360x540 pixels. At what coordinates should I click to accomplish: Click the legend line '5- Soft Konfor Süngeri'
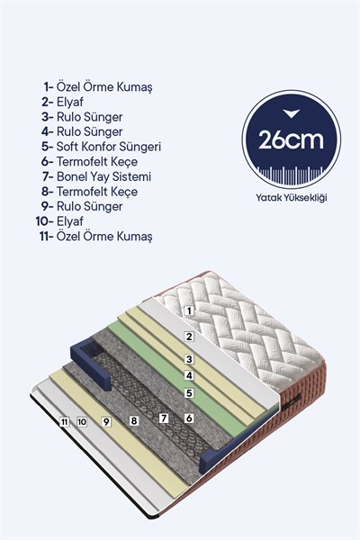pyautogui.click(x=102, y=147)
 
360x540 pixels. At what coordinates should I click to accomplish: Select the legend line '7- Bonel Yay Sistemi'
pyautogui.click(x=97, y=176)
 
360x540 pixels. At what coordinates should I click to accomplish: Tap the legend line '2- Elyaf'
pyautogui.click(x=62, y=102)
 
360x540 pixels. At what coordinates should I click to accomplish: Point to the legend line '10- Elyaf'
pyautogui.click(x=59, y=221)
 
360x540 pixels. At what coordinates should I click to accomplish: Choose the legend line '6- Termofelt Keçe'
pyautogui.click(x=89, y=161)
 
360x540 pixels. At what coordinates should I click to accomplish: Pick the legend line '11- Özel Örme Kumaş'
pyautogui.click(x=95, y=237)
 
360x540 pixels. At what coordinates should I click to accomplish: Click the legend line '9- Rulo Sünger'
pyautogui.click(x=82, y=207)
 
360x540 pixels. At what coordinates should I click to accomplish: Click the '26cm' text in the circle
pyautogui.click(x=291, y=139)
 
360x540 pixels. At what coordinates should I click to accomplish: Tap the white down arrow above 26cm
pyautogui.click(x=291, y=113)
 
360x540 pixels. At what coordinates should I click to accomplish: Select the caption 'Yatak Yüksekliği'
pyautogui.click(x=292, y=198)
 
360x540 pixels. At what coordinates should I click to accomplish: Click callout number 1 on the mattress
pyautogui.click(x=188, y=311)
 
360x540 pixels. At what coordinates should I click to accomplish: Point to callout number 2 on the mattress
pyautogui.click(x=189, y=337)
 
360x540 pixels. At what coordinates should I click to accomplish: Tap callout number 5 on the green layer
pyautogui.click(x=189, y=393)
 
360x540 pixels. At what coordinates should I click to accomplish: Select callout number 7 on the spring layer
pyautogui.click(x=164, y=418)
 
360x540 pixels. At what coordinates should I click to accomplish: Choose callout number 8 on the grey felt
pyautogui.click(x=134, y=420)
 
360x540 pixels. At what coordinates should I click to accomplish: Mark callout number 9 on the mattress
pyautogui.click(x=106, y=421)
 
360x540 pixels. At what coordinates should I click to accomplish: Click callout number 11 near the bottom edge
pyautogui.click(x=64, y=422)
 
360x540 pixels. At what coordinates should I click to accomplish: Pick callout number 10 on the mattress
pyautogui.click(x=82, y=422)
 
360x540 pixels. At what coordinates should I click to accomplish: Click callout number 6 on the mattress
pyautogui.click(x=189, y=418)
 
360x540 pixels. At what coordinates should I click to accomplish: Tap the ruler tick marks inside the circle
pyautogui.click(x=291, y=175)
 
